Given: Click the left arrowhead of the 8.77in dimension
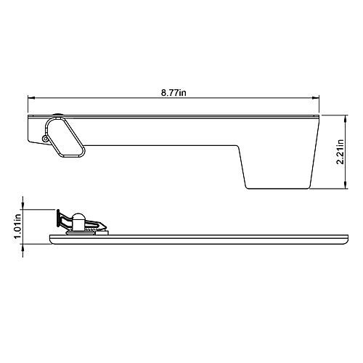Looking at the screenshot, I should [x=31, y=98].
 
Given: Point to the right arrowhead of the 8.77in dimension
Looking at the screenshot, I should [x=318, y=98].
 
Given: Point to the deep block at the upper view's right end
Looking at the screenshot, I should [x=280, y=160].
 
